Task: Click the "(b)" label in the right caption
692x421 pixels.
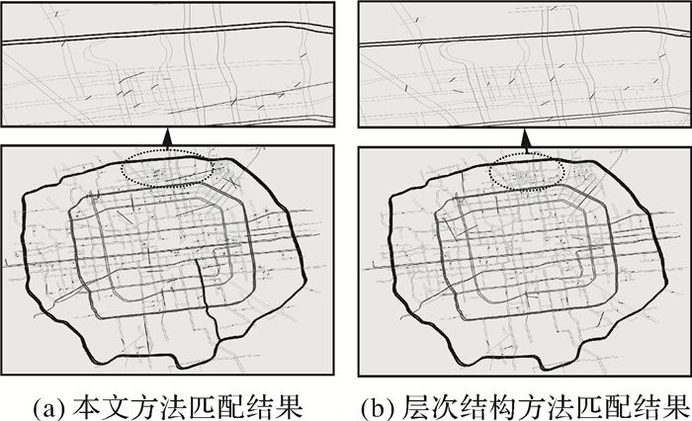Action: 378,407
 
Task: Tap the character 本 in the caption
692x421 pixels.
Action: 87,406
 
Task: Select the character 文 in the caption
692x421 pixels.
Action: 116,406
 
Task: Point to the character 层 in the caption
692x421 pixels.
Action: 415,406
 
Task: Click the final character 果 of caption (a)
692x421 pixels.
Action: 289,406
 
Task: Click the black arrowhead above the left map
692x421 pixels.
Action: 167,137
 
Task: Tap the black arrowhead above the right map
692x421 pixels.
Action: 526,137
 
